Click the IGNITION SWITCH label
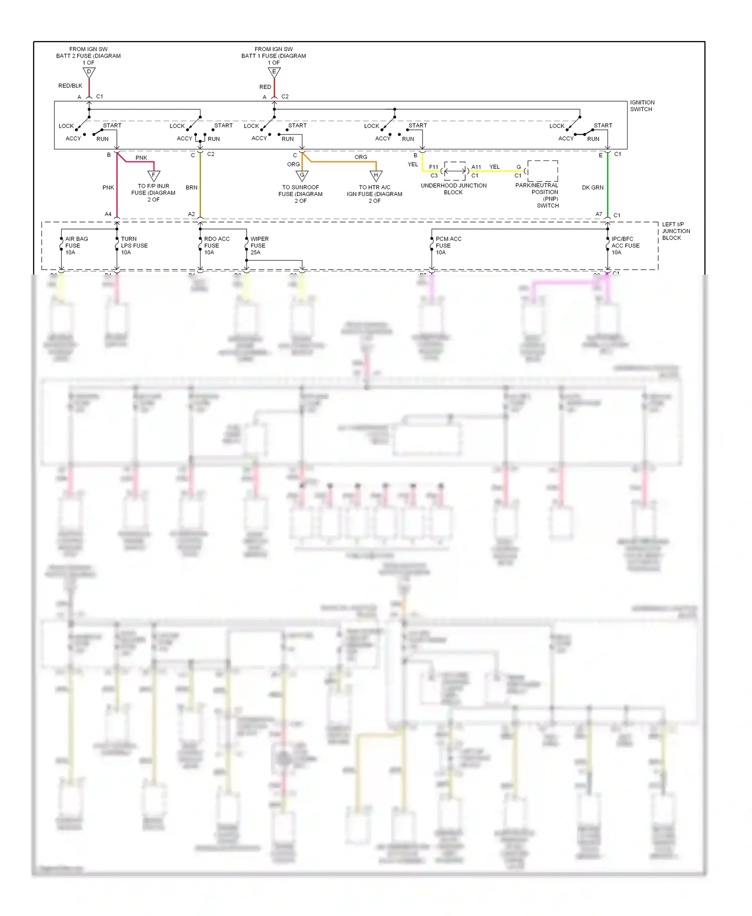pyautogui.click(x=642, y=106)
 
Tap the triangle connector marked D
pyautogui.click(x=89, y=73)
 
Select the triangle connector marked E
pyautogui.click(x=274, y=73)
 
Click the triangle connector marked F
pyautogui.click(x=154, y=175)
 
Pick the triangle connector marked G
pyautogui.click(x=302, y=175)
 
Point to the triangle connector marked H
pyautogui.click(x=376, y=175)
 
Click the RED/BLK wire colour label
pyautogui.click(x=70, y=86)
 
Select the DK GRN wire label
pyautogui.click(x=593, y=187)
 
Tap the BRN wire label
pyautogui.click(x=192, y=187)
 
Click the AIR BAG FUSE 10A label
pyautogui.click(x=76, y=246)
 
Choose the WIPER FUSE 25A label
pyautogui.click(x=259, y=246)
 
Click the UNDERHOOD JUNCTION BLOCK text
pyautogui.click(x=453, y=189)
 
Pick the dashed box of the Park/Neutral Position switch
pyautogui.click(x=542, y=171)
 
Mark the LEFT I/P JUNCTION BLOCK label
pyautogui.click(x=676, y=231)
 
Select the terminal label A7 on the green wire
pyautogui.click(x=599, y=214)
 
